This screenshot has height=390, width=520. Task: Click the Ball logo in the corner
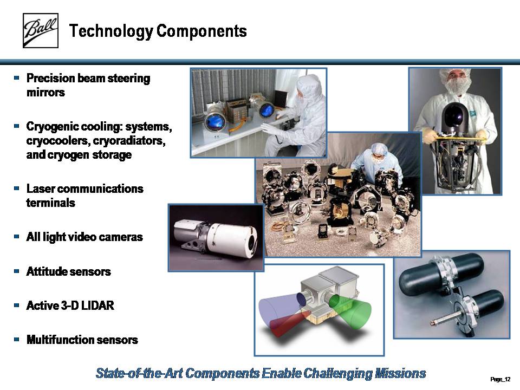41,30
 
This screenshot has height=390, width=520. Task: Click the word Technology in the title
111,31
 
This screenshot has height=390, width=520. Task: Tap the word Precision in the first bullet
51,78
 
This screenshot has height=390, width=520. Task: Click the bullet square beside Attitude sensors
17,271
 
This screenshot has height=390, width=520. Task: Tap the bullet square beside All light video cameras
17,237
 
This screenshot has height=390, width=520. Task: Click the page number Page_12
500,379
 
